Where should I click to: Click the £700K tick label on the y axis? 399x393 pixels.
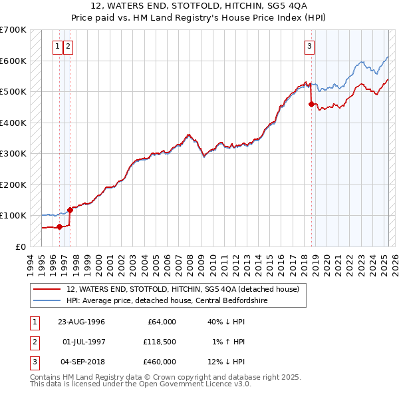[13, 30]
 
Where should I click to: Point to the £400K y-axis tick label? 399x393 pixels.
[13, 123]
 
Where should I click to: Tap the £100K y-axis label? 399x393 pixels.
[13, 215]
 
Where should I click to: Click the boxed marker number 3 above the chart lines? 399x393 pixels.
[310, 46]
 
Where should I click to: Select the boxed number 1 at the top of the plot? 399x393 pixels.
[59, 46]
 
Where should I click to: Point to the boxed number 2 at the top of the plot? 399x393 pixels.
[68, 46]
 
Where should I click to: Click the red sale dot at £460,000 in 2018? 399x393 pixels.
[311, 104]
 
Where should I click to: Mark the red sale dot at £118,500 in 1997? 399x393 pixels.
[70, 210]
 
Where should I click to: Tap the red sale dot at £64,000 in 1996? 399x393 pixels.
[60, 226]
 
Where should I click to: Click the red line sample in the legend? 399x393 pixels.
[47, 289]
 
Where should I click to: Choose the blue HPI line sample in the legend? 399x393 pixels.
[47, 300]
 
